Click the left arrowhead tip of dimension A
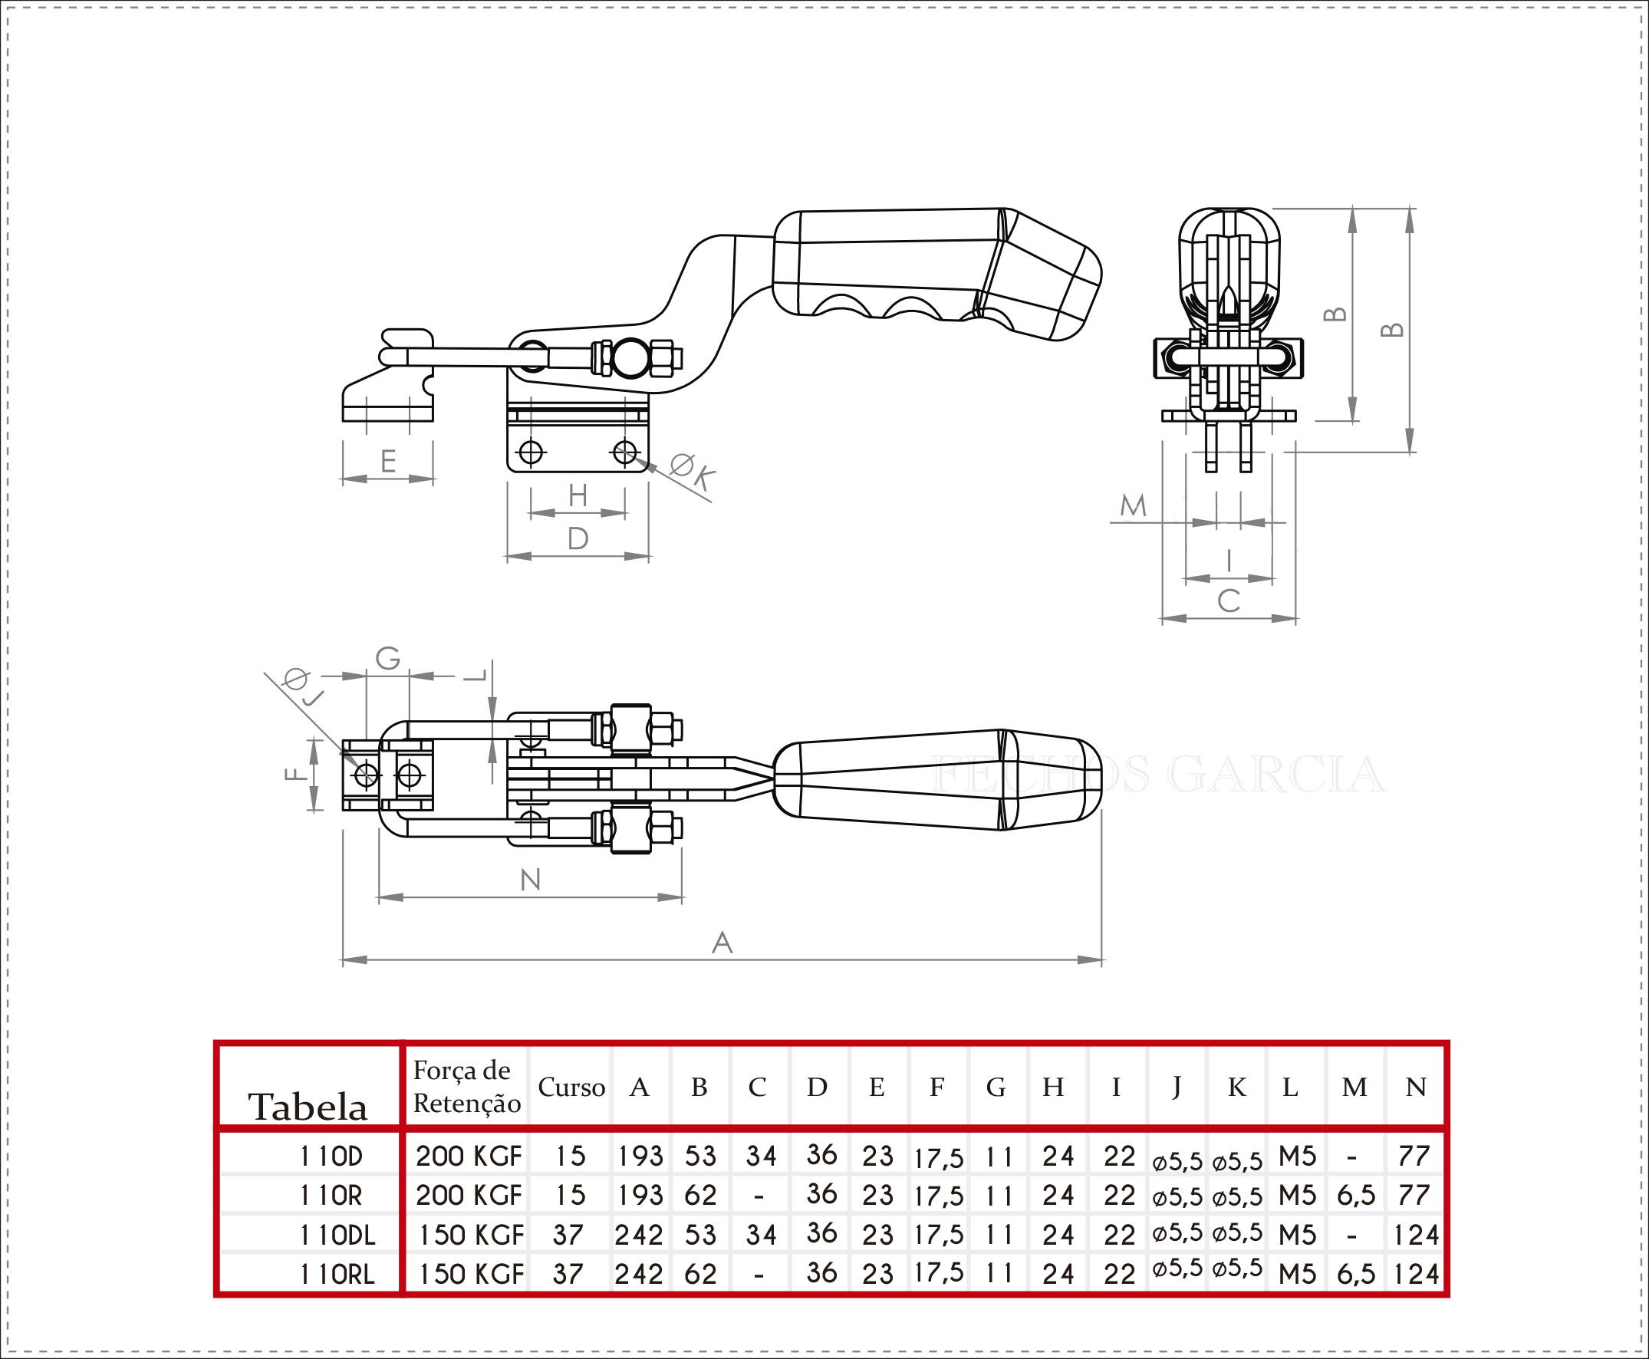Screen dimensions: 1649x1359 click(x=343, y=959)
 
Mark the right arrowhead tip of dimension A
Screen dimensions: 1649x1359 click(x=1102, y=959)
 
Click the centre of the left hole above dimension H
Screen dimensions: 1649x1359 click(x=531, y=452)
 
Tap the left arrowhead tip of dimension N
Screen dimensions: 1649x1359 click(x=378, y=897)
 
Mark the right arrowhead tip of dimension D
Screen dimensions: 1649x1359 click(x=650, y=556)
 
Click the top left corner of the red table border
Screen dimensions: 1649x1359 click(x=216, y=1043)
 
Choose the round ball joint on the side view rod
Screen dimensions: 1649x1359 click(x=630, y=358)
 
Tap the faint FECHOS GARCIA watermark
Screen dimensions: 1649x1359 click(x=1159, y=773)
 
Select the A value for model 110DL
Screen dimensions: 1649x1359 click(x=639, y=1235)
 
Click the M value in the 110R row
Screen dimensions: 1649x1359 click(x=1356, y=1196)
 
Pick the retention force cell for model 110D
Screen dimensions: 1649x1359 click(x=468, y=1156)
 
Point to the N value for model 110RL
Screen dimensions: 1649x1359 click(x=1416, y=1275)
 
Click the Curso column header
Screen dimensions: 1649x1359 click(x=571, y=1088)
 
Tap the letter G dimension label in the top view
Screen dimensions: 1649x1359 click(x=387, y=657)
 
